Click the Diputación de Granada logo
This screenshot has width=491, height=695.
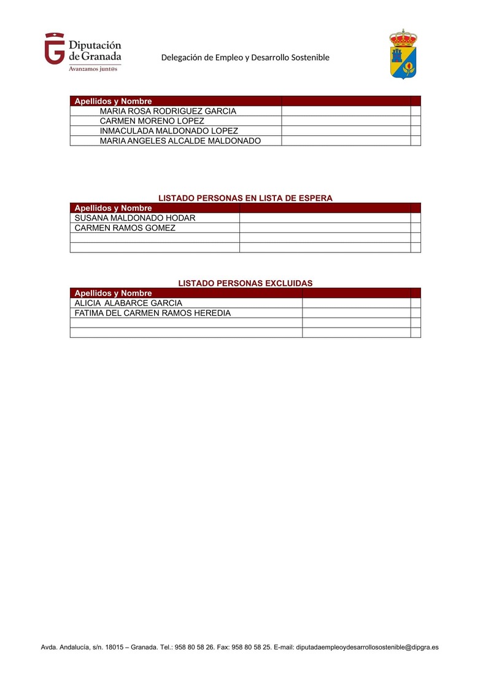coord(82,49)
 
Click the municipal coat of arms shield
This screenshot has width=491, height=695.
coord(403,55)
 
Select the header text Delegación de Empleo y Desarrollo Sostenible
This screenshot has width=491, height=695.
coord(245,57)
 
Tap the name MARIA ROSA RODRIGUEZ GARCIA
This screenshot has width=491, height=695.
coord(168,111)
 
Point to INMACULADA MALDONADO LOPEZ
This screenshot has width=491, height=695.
coord(169,131)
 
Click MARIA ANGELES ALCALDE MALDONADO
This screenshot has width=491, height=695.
coord(180,141)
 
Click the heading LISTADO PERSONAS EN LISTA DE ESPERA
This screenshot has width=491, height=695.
coord(245,198)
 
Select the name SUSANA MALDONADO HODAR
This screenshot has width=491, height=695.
coord(135,218)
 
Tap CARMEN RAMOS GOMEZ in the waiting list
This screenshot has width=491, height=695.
coord(125,228)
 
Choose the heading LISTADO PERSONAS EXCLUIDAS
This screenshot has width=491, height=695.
coord(245,283)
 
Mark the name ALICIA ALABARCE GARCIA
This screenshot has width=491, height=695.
coord(128,303)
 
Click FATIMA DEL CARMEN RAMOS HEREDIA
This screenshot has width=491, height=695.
coord(152,313)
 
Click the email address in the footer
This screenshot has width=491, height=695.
coord(367,647)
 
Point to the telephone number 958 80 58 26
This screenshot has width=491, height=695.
coord(195,647)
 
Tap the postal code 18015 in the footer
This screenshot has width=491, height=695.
coord(115,647)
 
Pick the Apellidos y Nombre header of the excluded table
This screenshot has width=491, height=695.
coord(113,293)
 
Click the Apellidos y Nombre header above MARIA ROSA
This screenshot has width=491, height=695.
coord(113,101)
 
